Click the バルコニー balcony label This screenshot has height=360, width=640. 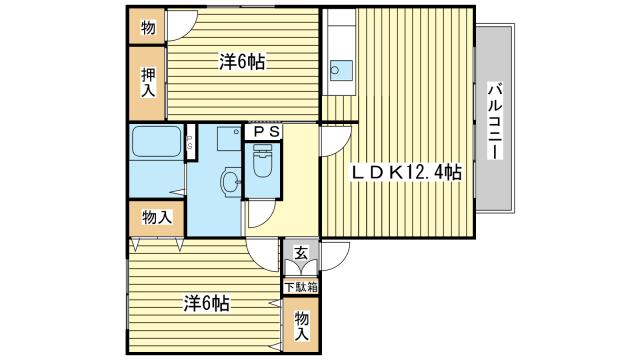point(496,121)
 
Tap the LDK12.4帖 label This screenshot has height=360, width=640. point(407,173)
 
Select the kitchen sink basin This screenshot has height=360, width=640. point(341,71)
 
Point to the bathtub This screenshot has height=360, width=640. point(156,141)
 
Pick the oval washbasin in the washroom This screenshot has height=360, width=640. point(230,181)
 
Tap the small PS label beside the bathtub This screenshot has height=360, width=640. point(189,142)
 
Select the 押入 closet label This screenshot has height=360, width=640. point(148,82)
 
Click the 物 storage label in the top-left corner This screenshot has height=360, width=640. point(148,28)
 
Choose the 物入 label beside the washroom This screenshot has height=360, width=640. point(157,217)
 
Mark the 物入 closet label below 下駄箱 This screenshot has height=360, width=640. point(302,326)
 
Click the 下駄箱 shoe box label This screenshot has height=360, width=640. point(301,287)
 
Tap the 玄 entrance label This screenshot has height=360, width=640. point(301,253)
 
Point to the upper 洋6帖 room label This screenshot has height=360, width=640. point(242,62)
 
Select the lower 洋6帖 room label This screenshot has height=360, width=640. point(206,303)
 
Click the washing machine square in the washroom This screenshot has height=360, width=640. point(229,138)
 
